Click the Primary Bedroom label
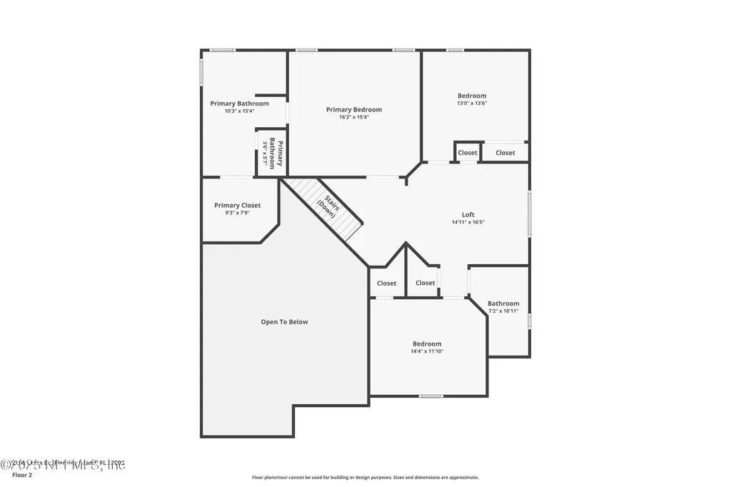[353, 109]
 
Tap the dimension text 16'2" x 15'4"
[353, 117]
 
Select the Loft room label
[468, 214]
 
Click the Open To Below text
[284, 322]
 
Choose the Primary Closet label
[237, 205]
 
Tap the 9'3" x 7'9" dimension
[237, 213]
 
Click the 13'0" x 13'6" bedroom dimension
[472, 103]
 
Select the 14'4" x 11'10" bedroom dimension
[427, 351]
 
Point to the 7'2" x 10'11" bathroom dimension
[503, 311]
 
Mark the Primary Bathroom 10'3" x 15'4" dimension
[239, 111]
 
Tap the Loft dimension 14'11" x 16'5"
[468, 222]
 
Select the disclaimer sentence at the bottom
[365, 478]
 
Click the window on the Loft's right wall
[529, 212]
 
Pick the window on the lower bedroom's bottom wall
[430, 396]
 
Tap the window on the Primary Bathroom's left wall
[201, 71]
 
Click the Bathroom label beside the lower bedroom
[503, 303]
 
